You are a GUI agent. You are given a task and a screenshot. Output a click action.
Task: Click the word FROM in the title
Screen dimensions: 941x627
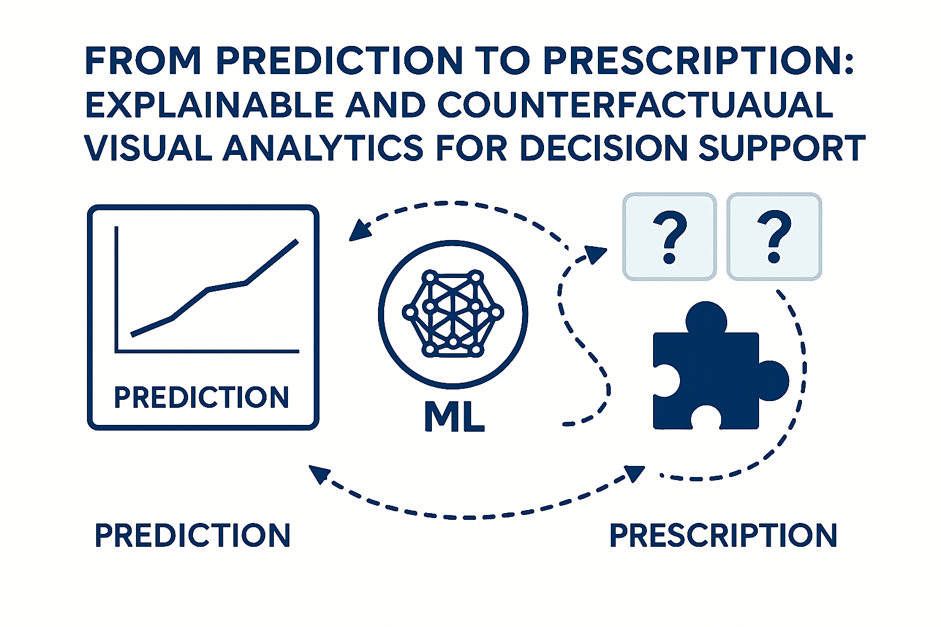click(x=143, y=61)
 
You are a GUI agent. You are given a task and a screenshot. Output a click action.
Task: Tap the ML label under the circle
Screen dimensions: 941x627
click(x=455, y=416)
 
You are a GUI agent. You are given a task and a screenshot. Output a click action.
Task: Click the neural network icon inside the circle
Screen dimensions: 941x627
click(x=453, y=313)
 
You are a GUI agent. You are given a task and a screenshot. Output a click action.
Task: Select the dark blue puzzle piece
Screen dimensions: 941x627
click(x=721, y=366)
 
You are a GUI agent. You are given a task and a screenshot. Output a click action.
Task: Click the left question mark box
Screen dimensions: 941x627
click(x=669, y=236)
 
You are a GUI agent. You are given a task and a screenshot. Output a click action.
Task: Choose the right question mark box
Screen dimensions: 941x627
click(x=774, y=236)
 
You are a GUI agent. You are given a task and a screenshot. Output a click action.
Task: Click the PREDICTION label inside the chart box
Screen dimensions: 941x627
click(x=202, y=397)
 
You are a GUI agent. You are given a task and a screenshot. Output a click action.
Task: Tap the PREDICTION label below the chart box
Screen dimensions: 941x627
click(x=193, y=535)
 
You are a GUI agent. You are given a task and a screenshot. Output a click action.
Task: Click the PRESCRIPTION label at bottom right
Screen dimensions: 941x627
click(x=724, y=535)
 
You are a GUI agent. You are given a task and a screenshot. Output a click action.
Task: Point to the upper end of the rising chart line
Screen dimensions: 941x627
click(x=297, y=241)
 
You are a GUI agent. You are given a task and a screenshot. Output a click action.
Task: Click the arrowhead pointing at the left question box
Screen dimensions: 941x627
click(x=595, y=253)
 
